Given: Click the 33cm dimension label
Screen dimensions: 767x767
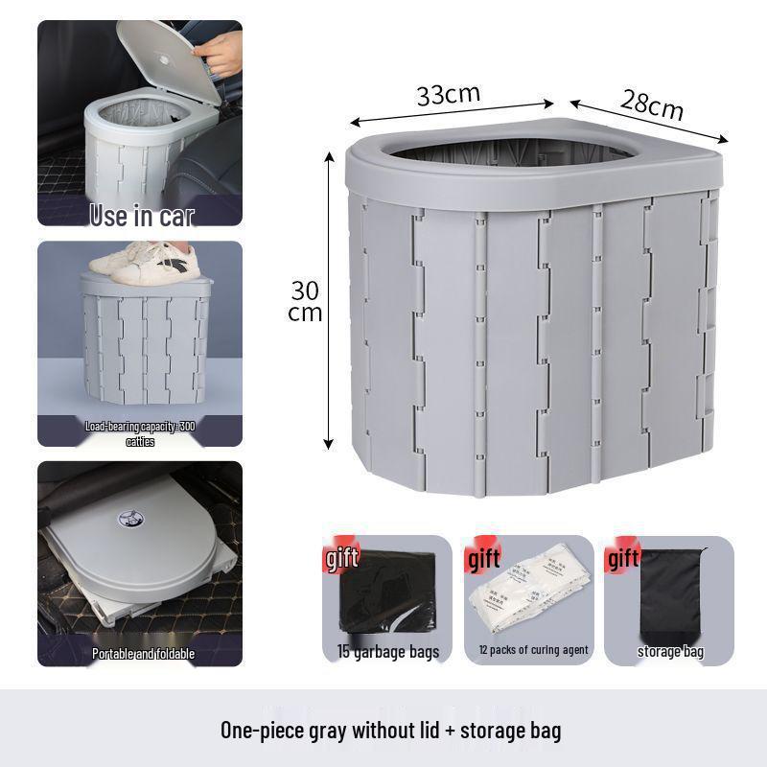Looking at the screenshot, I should (x=448, y=94).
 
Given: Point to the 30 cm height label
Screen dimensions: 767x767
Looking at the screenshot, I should (x=306, y=301).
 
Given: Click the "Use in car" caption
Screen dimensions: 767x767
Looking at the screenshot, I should (x=141, y=216).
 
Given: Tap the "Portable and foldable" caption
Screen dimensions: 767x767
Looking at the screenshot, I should (x=143, y=654).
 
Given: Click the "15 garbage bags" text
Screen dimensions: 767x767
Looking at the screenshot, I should (x=387, y=652).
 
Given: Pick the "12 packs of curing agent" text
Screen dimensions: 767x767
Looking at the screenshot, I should (x=533, y=651).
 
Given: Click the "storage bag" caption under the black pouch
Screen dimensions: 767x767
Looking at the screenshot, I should (x=670, y=652).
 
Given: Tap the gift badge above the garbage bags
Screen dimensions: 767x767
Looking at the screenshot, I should (x=343, y=559).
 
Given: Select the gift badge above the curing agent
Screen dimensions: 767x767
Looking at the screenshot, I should (x=484, y=559).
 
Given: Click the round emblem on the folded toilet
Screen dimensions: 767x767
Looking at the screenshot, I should (x=126, y=520).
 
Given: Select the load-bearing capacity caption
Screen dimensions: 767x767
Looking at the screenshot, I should (x=140, y=433).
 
